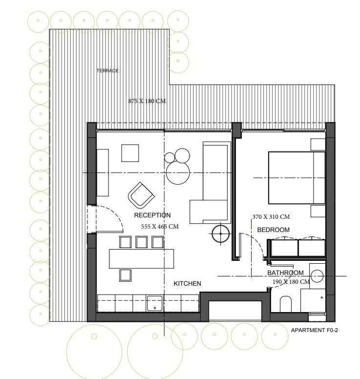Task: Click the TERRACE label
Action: click(107, 71)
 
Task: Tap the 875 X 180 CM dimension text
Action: click(147, 101)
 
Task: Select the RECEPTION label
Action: click(152, 215)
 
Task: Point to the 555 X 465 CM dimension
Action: click(160, 227)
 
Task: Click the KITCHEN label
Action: click(188, 284)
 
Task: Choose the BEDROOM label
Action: click(273, 230)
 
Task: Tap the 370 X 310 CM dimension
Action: click(271, 217)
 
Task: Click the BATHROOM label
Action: click(285, 273)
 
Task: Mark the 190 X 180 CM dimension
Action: click(291, 282)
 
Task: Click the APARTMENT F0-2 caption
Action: click(314, 330)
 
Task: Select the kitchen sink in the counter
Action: click(155, 303)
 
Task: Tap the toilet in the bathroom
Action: click(286, 304)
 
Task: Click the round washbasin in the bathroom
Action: click(317, 276)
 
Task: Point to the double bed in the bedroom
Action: click(296, 178)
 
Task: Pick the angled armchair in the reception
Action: click(141, 195)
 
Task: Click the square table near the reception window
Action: click(130, 153)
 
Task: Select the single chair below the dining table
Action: click(125, 275)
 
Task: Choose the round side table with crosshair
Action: click(220, 234)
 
